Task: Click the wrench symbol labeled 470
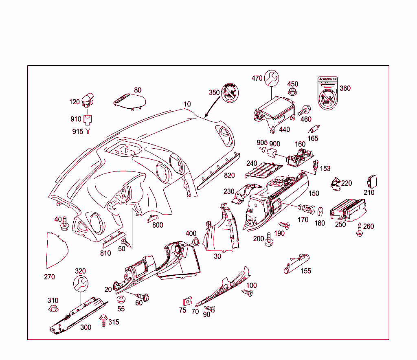(272, 77)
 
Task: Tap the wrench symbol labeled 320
(81, 283)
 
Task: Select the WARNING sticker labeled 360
(328, 93)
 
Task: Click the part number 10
(187, 104)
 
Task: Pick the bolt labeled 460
(304, 110)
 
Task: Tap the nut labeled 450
(292, 92)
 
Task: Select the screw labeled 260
(360, 230)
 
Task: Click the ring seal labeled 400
(195, 242)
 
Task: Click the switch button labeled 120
(88, 100)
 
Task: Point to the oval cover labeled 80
(129, 100)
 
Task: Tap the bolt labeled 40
(64, 224)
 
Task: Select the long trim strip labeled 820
(219, 171)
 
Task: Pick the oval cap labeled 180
(320, 211)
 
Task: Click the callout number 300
(86, 327)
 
